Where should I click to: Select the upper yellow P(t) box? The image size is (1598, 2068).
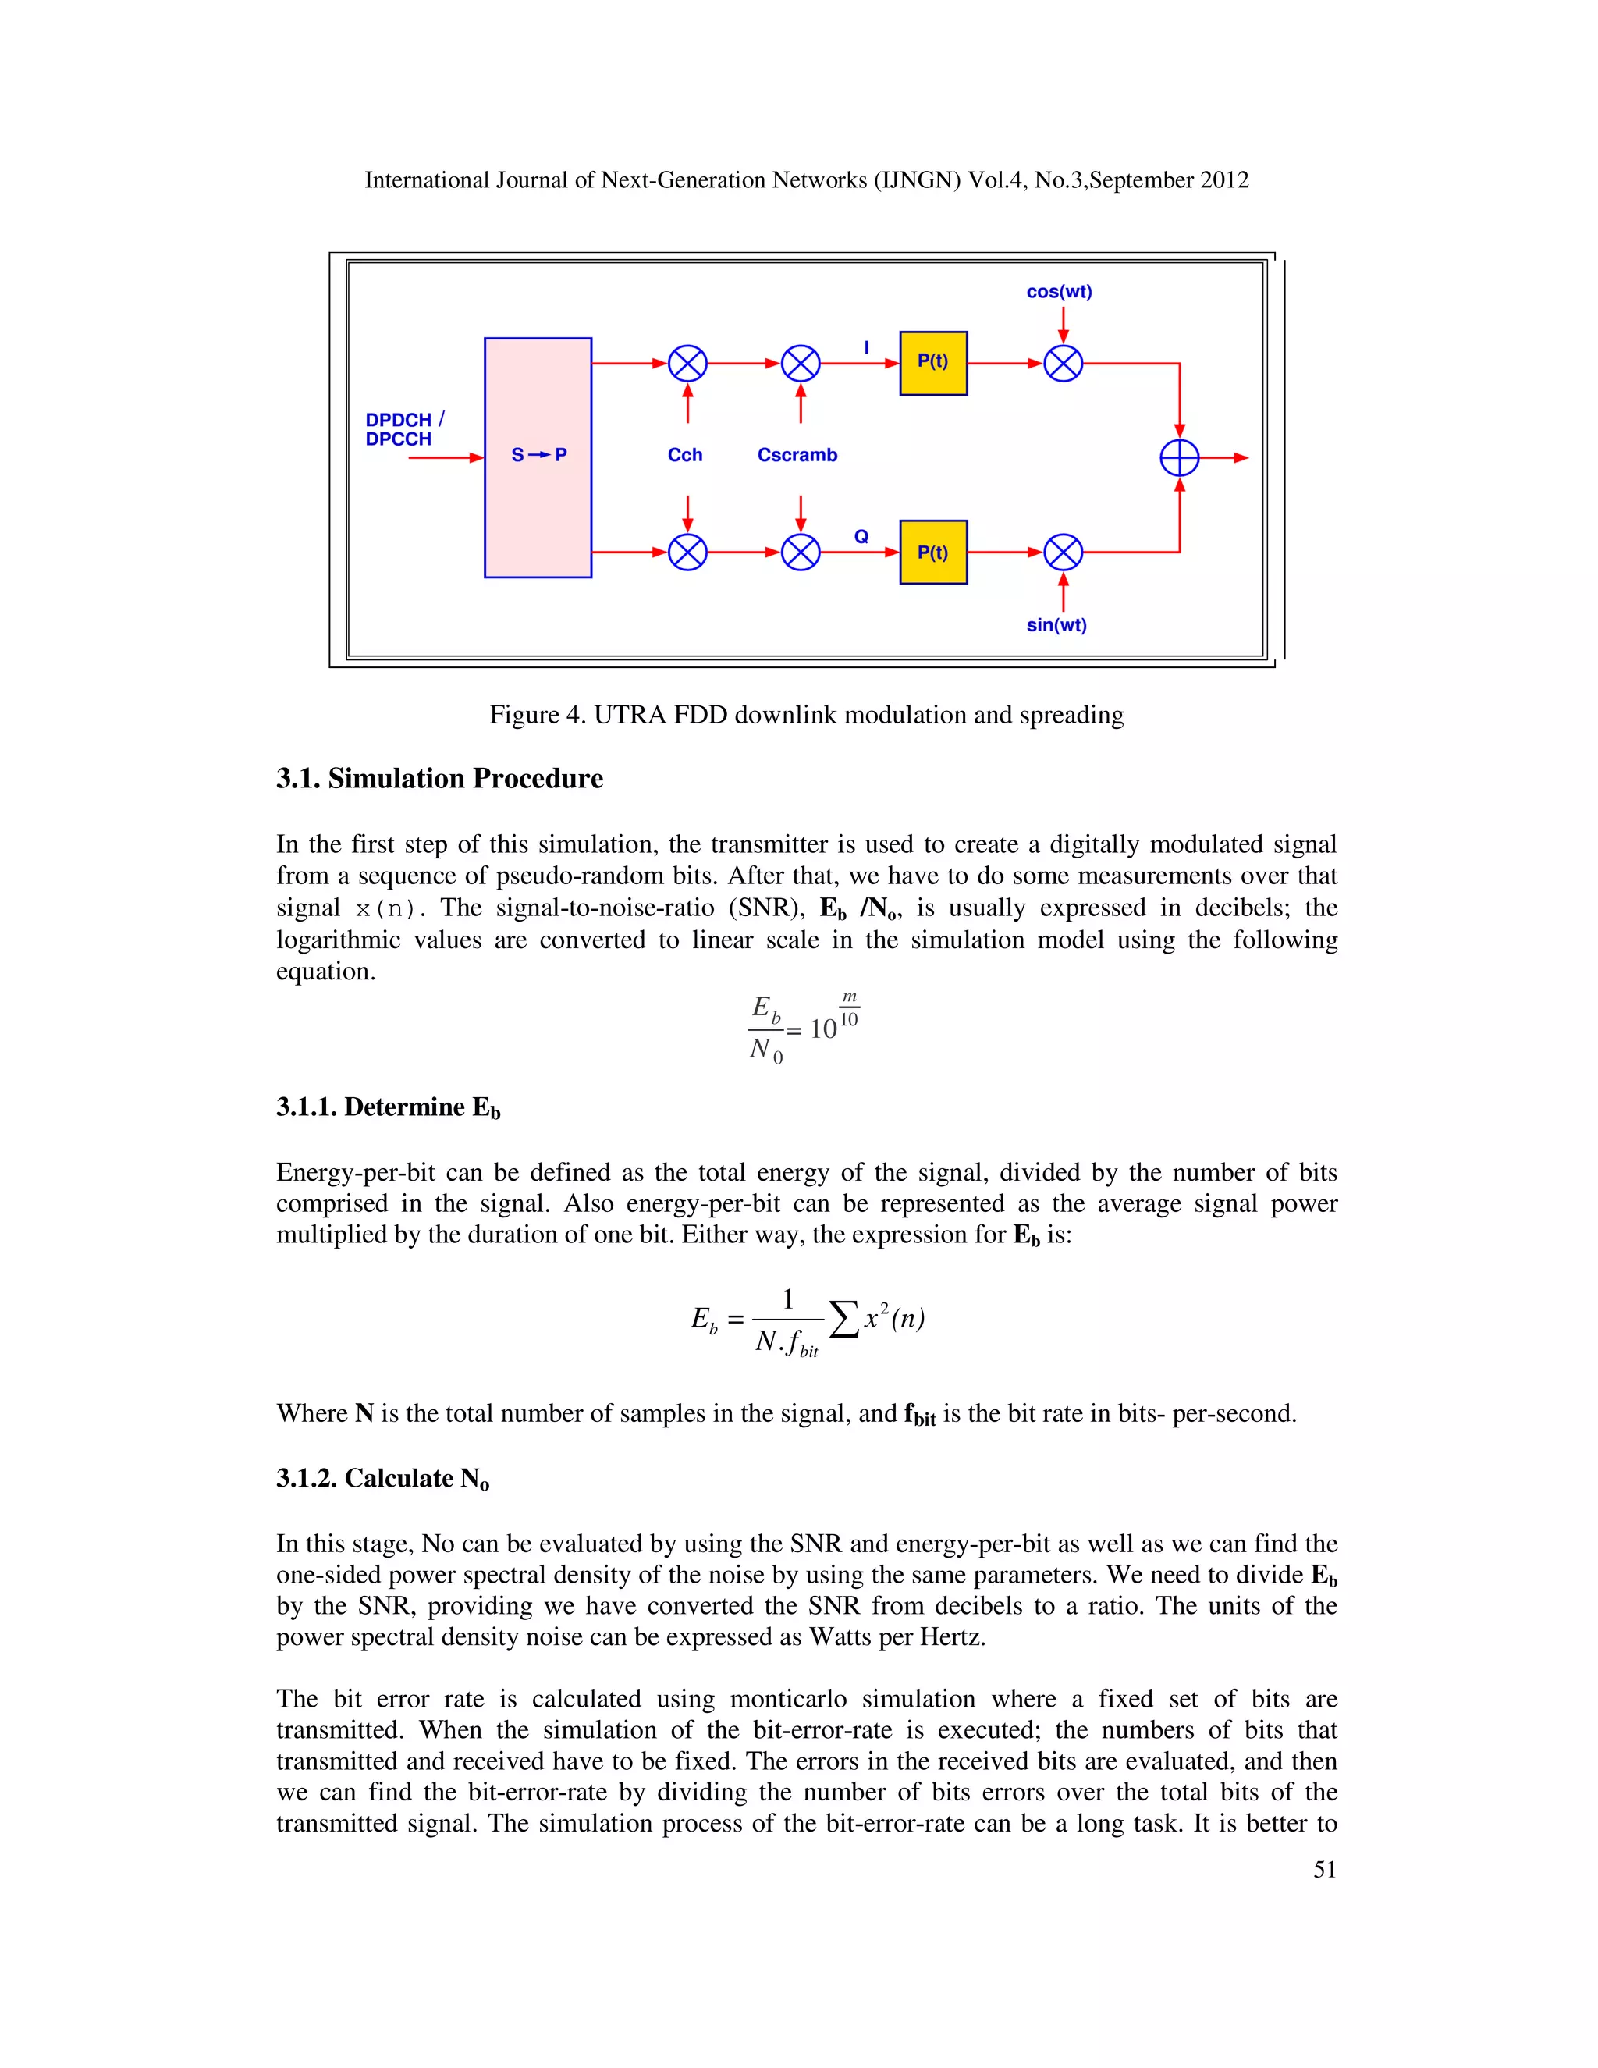point(932,363)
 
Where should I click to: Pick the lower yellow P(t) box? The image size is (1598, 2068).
point(932,552)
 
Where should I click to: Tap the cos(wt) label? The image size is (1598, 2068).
point(1058,292)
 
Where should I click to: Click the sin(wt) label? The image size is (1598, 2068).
point(1056,625)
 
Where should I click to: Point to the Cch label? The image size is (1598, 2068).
point(684,456)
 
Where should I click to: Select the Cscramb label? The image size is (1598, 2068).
point(797,456)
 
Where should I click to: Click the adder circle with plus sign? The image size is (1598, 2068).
point(1179,458)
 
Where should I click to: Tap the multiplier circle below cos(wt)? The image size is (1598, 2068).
point(1062,364)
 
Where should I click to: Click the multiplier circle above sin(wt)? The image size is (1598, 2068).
point(1062,552)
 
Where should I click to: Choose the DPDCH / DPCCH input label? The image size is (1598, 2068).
point(401,429)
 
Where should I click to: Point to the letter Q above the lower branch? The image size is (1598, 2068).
point(861,537)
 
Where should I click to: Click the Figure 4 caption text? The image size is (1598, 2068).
point(805,715)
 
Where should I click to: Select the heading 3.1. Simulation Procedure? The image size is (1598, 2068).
point(439,778)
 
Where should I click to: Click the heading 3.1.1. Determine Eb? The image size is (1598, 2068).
point(388,1107)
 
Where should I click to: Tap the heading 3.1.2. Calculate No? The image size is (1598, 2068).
point(382,1478)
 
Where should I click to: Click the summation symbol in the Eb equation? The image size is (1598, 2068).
point(843,1319)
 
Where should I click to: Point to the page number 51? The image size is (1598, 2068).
point(1324,1869)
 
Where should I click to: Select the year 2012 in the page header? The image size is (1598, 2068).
point(1224,180)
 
